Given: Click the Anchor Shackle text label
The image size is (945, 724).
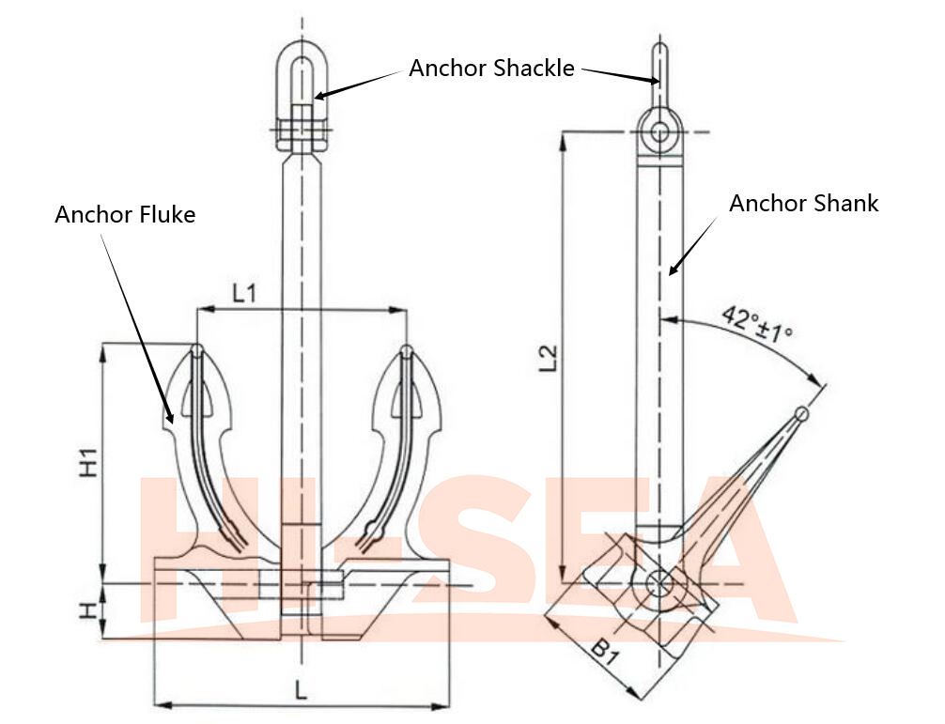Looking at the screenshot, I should pyautogui.click(x=491, y=69).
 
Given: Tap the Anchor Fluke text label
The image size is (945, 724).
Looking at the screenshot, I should pyautogui.click(x=125, y=215).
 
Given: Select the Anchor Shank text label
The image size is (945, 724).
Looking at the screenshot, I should pyautogui.click(x=804, y=204).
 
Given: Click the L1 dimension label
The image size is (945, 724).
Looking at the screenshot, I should pyautogui.click(x=244, y=293).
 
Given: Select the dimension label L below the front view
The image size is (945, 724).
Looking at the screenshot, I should pyautogui.click(x=301, y=691).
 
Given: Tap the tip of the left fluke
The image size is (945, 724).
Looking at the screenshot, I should pyautogui.click(x=196, y=350).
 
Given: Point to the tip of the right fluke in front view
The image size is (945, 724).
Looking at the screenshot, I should pyautogui.click(x=406, y=350).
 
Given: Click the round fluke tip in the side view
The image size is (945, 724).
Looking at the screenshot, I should pyautogui.click(x=802, y=412).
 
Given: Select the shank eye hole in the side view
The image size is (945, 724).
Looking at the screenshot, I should pyautogui.click(x=660, y=131).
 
